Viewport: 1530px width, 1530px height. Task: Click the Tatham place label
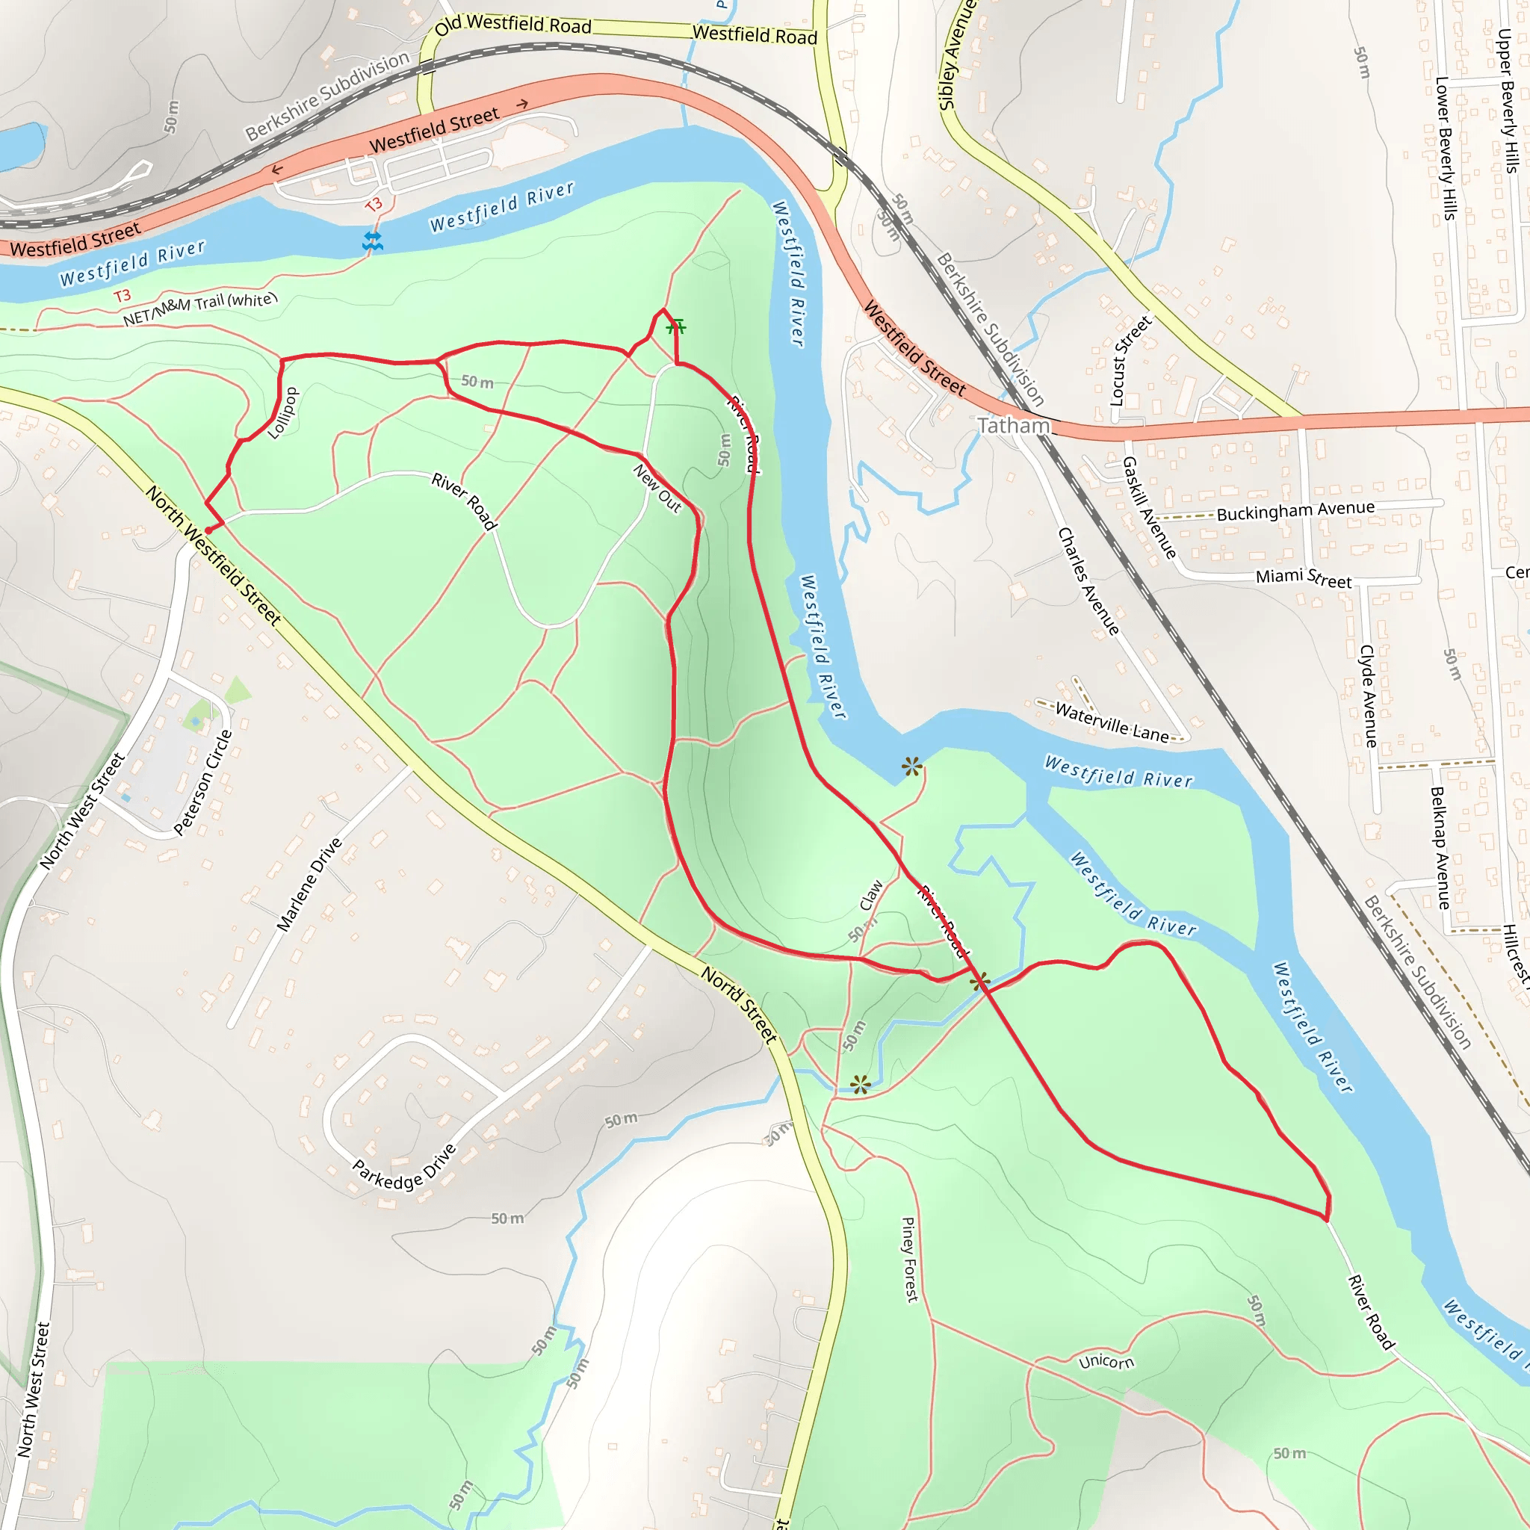[x=1013, y=426]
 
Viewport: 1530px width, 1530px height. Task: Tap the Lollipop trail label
[x=282, y=413]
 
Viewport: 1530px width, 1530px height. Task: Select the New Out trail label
[x=657, y=489]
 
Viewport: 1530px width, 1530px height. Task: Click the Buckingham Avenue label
[x=1295, y=511]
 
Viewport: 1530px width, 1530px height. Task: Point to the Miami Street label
[x=1304, y=578]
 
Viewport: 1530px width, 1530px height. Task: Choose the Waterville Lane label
[x=1111, y=722]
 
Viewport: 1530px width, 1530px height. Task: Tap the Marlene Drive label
[x=309, y=884]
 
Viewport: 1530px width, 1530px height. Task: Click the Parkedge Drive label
[x=404, y=1168]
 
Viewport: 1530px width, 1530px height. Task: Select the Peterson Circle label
[x=203, y=782]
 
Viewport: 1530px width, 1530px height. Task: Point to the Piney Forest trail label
[x=910, y=1259]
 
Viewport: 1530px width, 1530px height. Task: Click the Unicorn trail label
[x=1106, y=1362]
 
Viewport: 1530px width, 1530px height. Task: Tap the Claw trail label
[x=871, y=896]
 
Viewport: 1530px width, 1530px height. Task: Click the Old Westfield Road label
[x=513, y=25]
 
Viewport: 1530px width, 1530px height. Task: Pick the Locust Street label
[x=1130, y=361]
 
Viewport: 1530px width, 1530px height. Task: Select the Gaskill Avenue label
[x=1149, y=507]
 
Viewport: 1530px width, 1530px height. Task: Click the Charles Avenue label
[x=1089, y=581]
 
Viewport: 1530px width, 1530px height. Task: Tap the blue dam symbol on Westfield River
[x=372, y=241]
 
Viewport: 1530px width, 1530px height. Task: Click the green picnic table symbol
[x=675, y=326]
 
